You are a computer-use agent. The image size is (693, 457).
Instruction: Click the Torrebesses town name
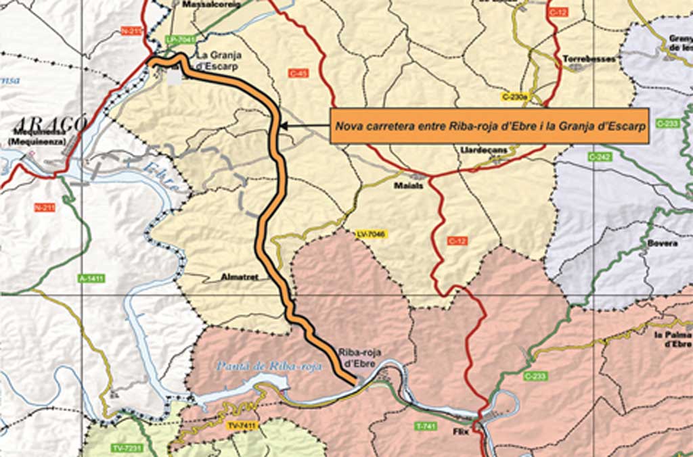pyautogui.click(x=589, y=59)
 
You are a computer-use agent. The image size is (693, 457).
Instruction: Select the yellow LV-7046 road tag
pyautogui.click(x=370, y=234)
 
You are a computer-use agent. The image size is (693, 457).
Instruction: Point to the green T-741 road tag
pyautogui.click(x=424, y=427)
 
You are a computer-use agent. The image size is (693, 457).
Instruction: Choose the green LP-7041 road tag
pyautogui.click(x=180, y=39)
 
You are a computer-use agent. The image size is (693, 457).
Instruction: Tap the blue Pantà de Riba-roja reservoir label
pyautogui.click(x=269, y=366)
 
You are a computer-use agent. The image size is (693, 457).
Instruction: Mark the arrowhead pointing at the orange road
pyautogui.click(x=283, y=125)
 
